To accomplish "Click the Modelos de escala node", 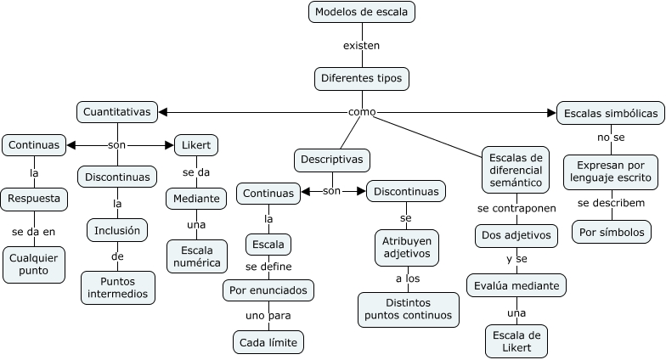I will [361, 12].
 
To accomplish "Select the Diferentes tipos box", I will [361, 79].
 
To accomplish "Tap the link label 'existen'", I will [361, 45].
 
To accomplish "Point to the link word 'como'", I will [362, 112].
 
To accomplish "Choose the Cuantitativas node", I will [117, 111].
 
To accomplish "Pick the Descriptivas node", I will [332, 160].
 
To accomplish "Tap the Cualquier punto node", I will [34, 264].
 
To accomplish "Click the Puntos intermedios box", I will [118, 288].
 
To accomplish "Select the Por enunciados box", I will [268, 290].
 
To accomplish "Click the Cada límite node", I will [268, 342].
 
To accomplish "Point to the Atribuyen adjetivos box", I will [405, 247].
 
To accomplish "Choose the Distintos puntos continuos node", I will [409, 309].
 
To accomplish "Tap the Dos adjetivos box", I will [516, 235].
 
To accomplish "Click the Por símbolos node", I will [611, 231].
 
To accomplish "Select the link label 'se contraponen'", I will [516, 208].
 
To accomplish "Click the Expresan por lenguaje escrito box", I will [611, 172].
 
